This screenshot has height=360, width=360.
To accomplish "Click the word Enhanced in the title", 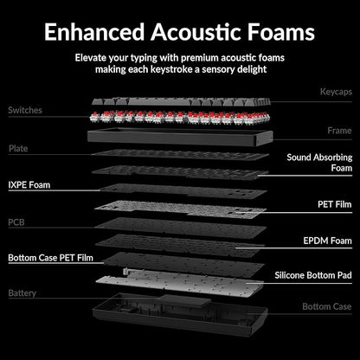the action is click(94, 32).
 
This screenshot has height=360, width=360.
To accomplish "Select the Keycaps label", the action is click(336, 92).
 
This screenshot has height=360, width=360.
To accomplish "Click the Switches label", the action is click(25, 110).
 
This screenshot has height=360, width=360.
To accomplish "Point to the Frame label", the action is click(339, 131).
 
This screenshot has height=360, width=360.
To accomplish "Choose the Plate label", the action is click(18, 149).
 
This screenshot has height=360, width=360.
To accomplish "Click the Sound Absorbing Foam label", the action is click(319, 163).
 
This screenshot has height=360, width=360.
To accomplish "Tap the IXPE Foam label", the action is click(29, 185).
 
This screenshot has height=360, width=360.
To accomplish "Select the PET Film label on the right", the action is click(335, 204).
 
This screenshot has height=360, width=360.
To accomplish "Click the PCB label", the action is click(16, 222).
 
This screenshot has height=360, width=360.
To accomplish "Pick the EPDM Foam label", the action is click(327, 241).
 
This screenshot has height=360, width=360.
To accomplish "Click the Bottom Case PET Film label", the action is click(51, 258).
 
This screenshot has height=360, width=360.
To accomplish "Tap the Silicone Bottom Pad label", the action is click(313, 275).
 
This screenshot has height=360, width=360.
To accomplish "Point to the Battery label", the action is click(22, 293).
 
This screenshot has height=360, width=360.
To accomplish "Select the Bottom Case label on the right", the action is click(327, 306).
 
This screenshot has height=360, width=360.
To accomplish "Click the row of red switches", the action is click(179, 118).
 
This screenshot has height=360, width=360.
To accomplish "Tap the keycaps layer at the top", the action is click(181, 102).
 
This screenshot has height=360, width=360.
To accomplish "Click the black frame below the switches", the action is click(180, 138).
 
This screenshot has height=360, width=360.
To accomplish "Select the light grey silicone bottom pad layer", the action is click(179, 283).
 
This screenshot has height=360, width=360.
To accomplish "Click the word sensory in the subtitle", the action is click(220, 69).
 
